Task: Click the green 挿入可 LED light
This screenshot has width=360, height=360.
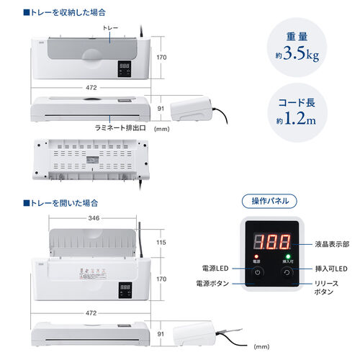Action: pyautogui.click(x=287, y=256)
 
